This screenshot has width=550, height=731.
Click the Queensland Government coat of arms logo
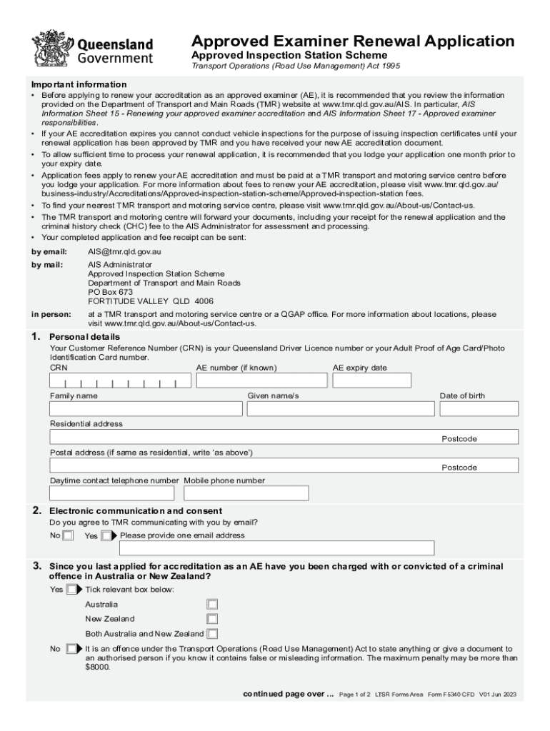(52, 48)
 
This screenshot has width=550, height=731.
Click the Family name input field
(146, 409)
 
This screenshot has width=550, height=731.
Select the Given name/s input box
(340, 409)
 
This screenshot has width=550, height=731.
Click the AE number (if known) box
(261, 380)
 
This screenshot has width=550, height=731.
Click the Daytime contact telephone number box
(111, 493)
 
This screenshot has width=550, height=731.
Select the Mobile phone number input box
(246, 493)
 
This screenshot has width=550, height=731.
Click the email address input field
(277, 548)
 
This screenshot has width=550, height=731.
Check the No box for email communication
(68, 535)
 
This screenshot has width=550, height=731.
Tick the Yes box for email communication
(106, 535)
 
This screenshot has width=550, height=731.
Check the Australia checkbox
(212, 605)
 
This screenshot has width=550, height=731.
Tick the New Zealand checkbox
(212, 619)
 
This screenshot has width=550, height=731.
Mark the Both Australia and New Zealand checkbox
(212, 634)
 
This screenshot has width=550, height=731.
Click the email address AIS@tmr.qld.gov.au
(124, 251)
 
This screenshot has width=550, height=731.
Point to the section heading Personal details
(84, 337)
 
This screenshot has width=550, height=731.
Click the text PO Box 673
(110, 292)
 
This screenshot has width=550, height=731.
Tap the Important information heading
(79, 84)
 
